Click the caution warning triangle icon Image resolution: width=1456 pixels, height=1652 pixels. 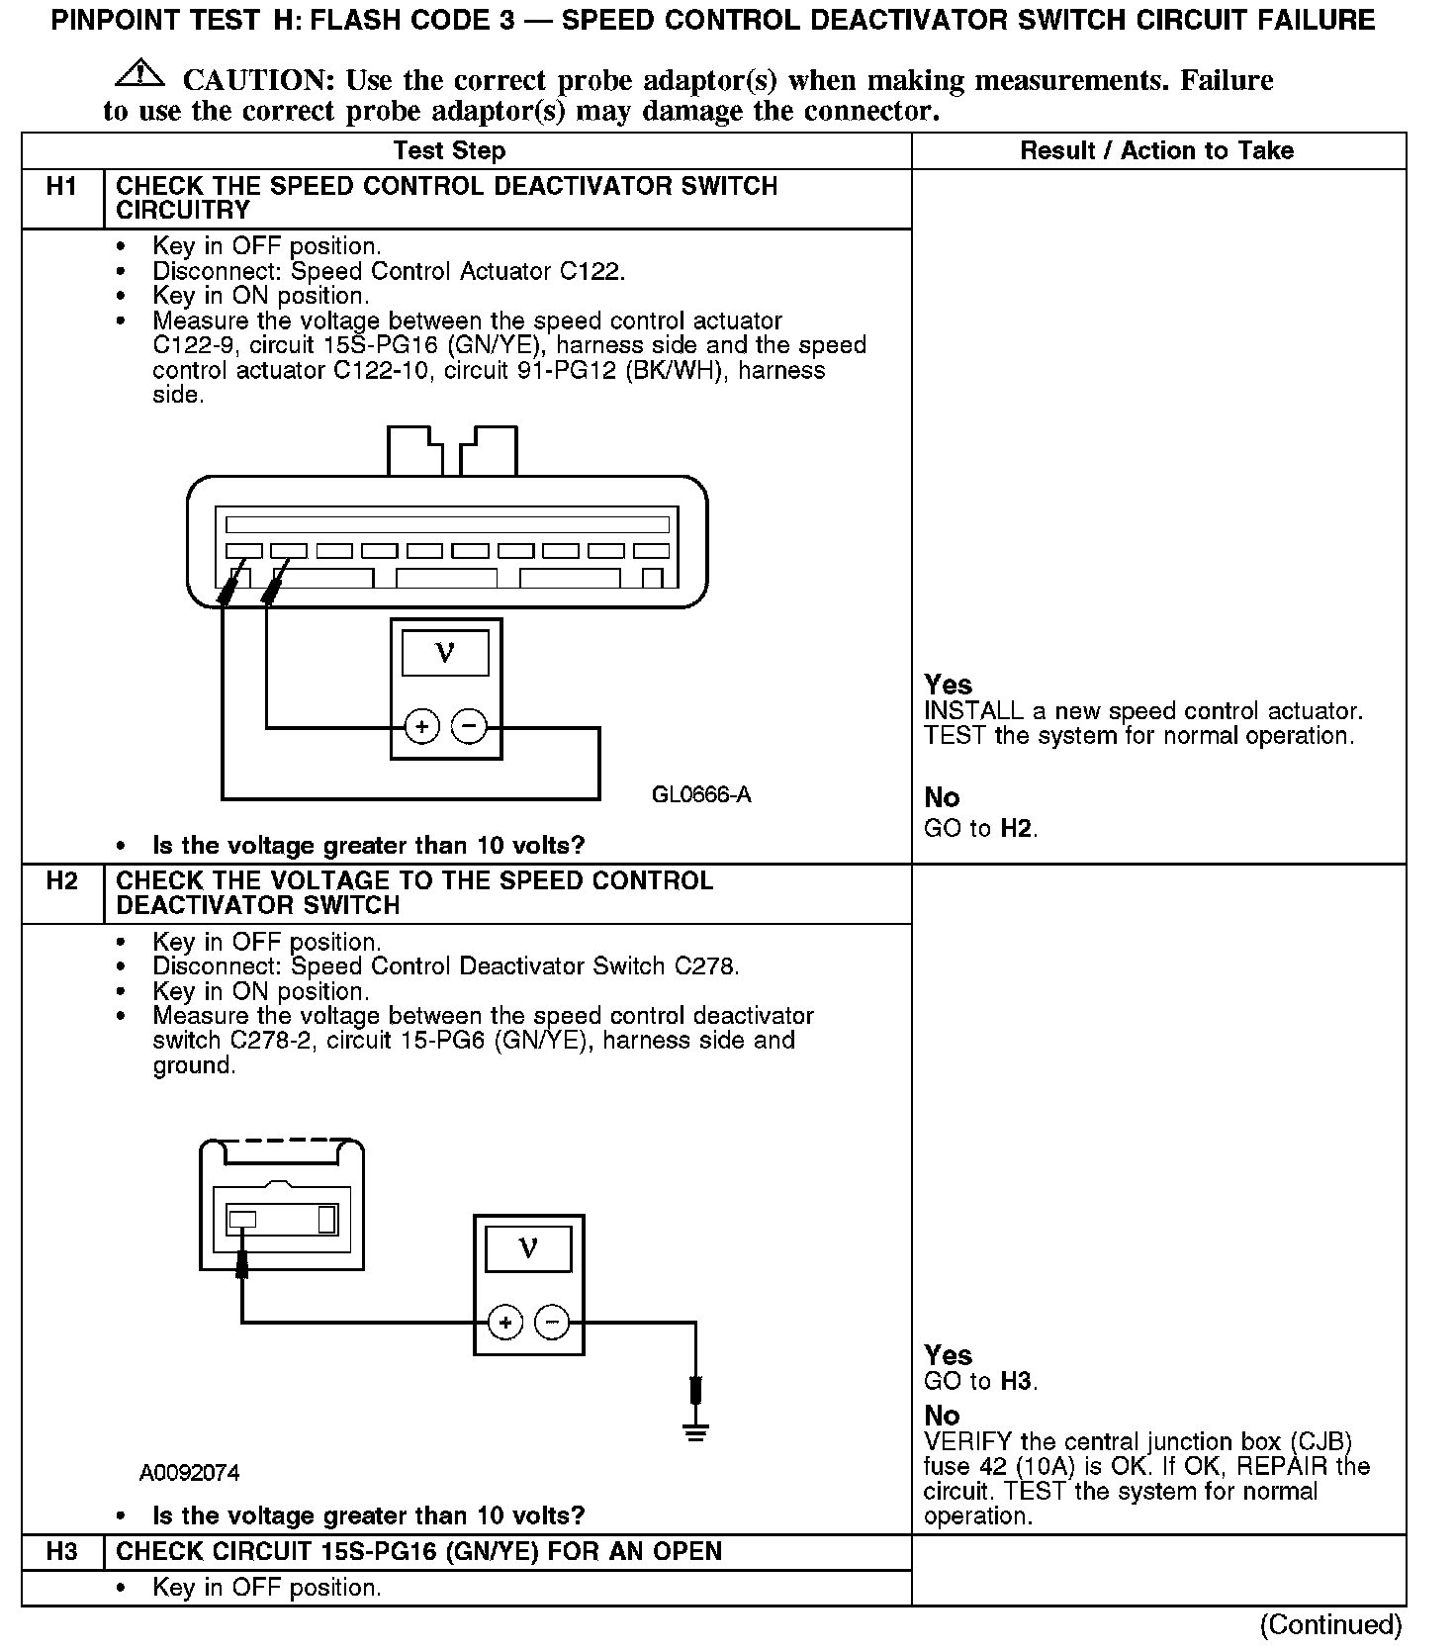pos(139,74)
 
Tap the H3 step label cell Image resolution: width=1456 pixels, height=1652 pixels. pos(61,1552)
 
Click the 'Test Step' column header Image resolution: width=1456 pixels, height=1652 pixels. pos(449,151)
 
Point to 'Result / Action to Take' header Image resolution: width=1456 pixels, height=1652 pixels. pos(1156,151)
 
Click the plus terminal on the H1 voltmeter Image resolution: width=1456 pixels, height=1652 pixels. pos(421,728)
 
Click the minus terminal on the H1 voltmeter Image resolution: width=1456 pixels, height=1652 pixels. pos(469,728)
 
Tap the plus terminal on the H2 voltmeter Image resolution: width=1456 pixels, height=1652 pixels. pos(504,1324)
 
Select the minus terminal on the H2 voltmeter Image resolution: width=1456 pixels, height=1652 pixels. pos(552,1324)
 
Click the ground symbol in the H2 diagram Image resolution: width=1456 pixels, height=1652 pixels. pos(696,1429)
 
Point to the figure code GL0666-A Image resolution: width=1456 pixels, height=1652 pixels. pos(701,795)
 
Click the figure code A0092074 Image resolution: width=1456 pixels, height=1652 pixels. pos(189,1473)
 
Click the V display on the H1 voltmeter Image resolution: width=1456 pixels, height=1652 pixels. pos(445,654)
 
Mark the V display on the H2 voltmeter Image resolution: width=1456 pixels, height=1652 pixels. pos(528,1249)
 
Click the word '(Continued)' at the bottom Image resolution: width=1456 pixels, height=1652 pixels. pos(1329,1625)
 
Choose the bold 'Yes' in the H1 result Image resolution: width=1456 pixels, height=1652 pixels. pos(948,685)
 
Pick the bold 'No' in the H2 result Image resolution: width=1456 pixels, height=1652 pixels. pos(942,1416)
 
